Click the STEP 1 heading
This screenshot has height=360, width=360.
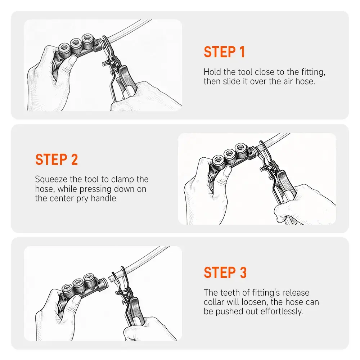point(224,52)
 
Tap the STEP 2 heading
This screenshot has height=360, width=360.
point(57,159)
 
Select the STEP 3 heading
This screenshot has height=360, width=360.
point(225,273)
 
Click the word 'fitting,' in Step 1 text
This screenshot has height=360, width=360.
point(313,72)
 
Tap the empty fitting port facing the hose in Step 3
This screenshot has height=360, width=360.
point(104,283)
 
